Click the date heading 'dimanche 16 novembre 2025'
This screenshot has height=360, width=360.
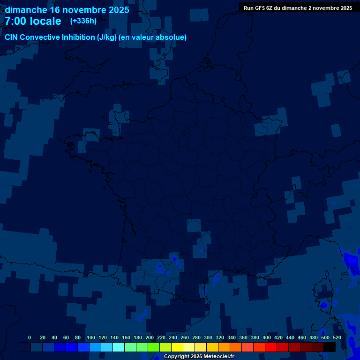tap(67, 10)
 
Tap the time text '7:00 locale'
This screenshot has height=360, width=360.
tap(33, 21)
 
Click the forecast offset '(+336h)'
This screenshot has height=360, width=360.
tap(83, 21)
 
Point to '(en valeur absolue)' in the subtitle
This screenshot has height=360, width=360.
tap(153, 37)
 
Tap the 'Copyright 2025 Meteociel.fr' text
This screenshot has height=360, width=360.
tap(199, 357)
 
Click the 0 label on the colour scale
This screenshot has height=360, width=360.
tap(30, 337)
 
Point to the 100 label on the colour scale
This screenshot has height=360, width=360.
tap(91, 337)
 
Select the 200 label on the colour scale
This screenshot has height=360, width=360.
tap(150, 337)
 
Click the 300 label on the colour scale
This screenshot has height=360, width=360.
tap(208, 337)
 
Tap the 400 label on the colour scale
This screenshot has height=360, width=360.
tap(267, 337)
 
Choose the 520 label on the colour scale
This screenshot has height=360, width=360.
tap(337, 337)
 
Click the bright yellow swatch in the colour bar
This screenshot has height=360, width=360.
tap(177, 347)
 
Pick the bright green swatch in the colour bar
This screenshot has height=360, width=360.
tap(154, 347)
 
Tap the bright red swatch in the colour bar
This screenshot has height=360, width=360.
tap(271, 347)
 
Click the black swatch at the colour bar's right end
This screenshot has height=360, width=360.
tap(330, 347)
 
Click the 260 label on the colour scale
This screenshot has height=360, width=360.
tap(185, 337)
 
